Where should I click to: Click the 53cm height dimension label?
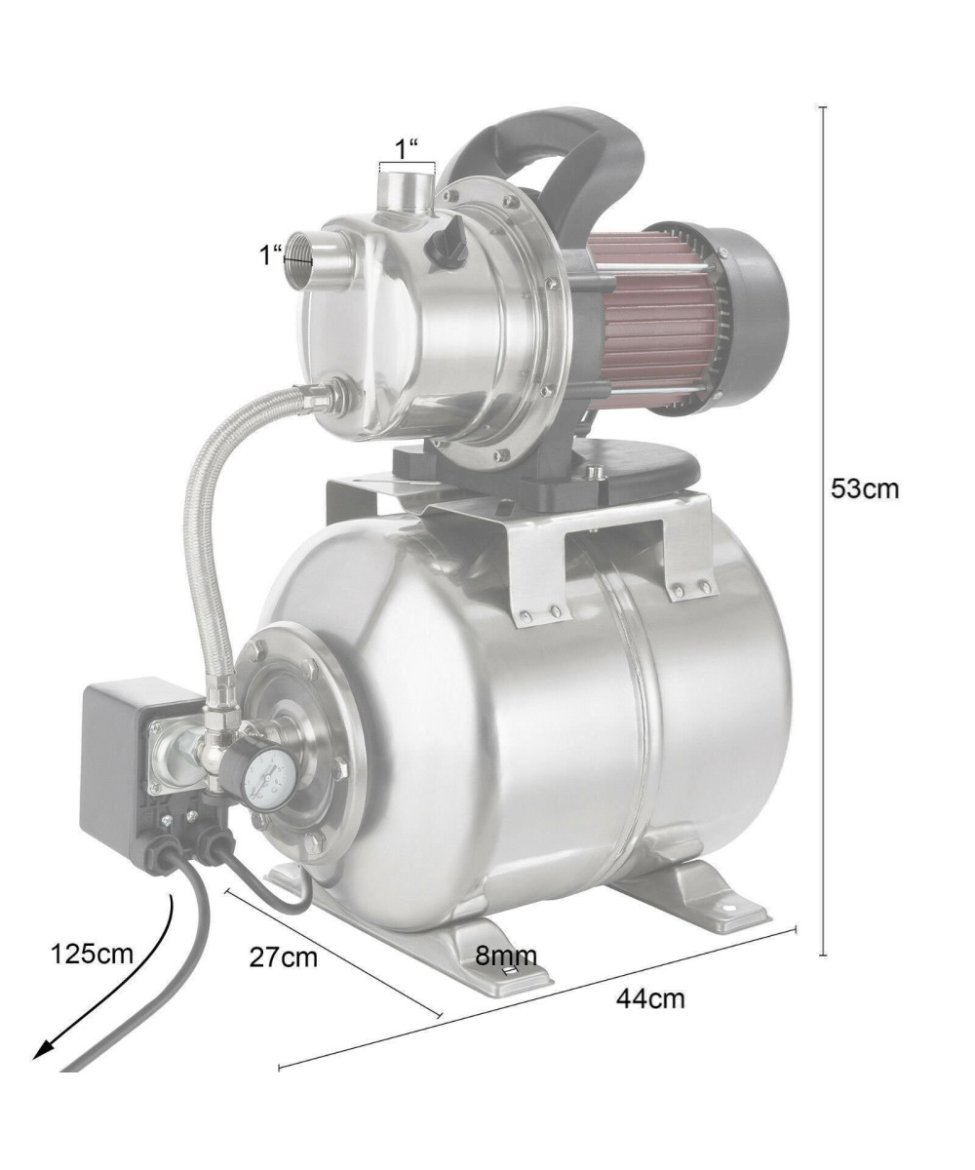coord(864,488)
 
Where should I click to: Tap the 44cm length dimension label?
coord(650,998)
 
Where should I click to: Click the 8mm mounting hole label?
coord(506,955)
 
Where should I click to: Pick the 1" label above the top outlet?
coord(408,149)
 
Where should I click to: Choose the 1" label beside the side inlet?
coord(271,254)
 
